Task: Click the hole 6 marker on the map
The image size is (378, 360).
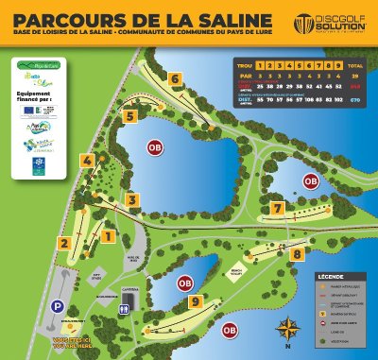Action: [x=176, y=79]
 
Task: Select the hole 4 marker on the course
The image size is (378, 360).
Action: [x=88, y=161]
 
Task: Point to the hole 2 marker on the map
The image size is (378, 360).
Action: [x=64, y=243]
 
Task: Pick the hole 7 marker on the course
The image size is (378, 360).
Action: [x=277, y=208]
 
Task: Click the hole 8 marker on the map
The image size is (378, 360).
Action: [x=297, y=253]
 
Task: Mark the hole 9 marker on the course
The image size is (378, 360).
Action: [x=196, y=301]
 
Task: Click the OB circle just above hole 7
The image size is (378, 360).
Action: [x=310, y=181]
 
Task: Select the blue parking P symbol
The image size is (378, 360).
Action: [x=59, y=306]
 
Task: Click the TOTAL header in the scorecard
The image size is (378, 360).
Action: [x=356, y=64]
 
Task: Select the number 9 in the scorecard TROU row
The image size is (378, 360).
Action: [x=337, y=64]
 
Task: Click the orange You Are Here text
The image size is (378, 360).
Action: [x=75, y=340]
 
